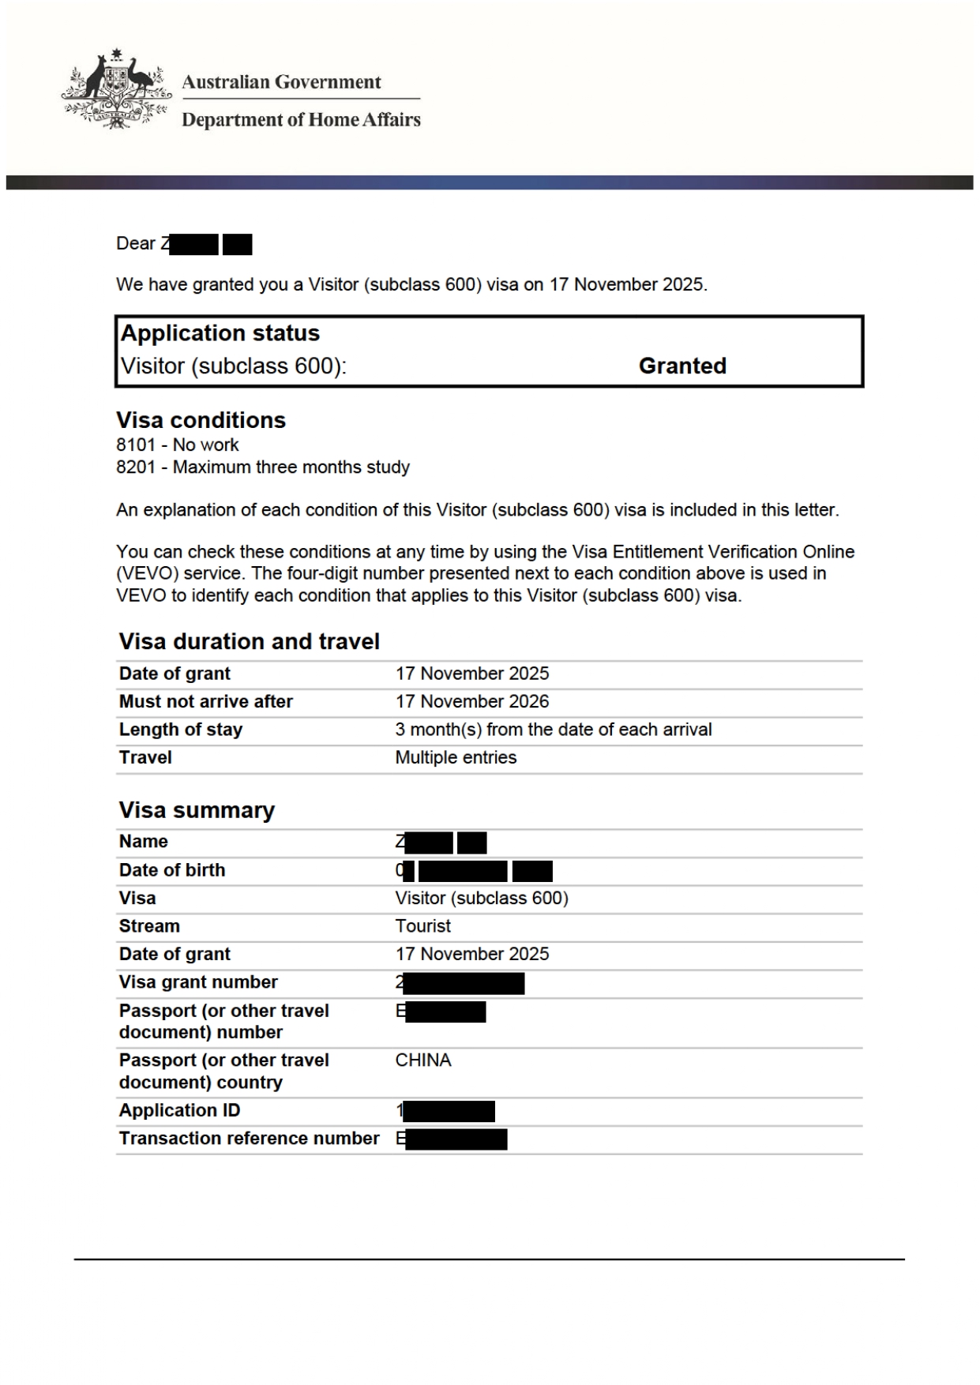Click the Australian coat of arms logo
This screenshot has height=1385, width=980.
(117, 89)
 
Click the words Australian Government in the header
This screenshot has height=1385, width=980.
(281, 82)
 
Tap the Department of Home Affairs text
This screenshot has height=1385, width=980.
(301, 120)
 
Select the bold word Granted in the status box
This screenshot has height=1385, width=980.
(682, 366)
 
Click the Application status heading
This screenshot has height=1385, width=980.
(220, 333)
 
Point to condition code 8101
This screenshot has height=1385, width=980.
(136, 445)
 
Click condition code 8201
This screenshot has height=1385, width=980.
(136, 467)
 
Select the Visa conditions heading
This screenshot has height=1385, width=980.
(201, 420)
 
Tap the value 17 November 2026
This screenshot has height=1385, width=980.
(472, 701)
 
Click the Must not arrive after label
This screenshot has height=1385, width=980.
(206, 701)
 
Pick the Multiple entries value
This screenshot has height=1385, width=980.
(456, 757)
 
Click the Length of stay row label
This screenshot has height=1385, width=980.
(181, 730)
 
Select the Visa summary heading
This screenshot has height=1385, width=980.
(197, 810)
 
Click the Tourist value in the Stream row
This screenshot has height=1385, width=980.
(423, 925)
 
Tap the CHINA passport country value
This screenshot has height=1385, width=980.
(423, 1060)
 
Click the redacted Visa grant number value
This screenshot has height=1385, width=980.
(461, 983)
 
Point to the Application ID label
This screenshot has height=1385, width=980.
(180, 1110)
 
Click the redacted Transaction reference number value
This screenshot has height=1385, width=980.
(452, 1139)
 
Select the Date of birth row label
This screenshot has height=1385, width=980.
(172, 870)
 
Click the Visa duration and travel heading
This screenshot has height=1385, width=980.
(250, 641)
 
